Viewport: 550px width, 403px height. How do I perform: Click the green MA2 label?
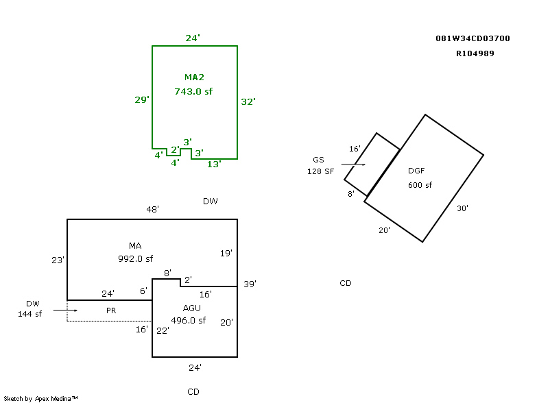coord(194,77)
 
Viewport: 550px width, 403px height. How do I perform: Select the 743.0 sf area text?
coord(193,91)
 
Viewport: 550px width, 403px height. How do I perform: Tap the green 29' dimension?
coord(142,100)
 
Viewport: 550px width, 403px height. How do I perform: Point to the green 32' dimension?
coord(248,102)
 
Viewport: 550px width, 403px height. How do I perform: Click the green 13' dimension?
coord(214,164)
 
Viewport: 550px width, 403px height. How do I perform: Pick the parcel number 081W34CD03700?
coord(473,38)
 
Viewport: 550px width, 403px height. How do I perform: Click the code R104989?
coord(475,53)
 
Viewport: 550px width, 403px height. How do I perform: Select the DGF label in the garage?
coord(416,171)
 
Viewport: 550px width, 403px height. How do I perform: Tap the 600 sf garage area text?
coord(420,185)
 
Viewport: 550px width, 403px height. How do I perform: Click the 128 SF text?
coord(320,171)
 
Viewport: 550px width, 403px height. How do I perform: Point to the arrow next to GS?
coord(353,164)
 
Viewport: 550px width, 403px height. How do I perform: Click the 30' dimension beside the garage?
coord(462,208)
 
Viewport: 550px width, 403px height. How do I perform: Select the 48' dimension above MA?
coord(152,209)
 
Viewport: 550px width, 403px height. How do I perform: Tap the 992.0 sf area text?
coord(135,259)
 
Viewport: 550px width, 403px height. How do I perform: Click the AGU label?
coord(192,308)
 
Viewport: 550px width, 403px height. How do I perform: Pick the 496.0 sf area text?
coord(189,321)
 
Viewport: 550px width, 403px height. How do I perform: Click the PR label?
coord(111,310)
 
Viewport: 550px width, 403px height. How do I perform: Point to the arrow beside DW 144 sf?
coord(65,310)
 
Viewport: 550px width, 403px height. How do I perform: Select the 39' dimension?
coord(250,284)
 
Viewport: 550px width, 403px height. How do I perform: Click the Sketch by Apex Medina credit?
coord(40,398)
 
